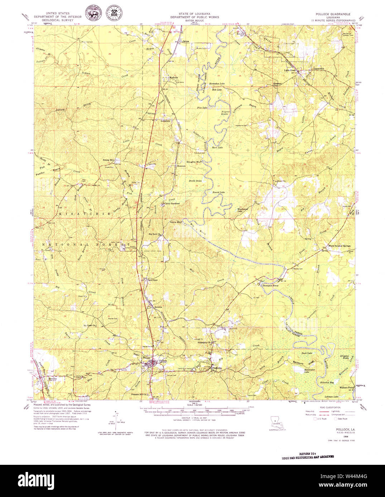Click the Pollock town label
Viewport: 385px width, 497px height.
click(x=163, y=361)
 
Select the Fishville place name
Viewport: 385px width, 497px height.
click(x=217, y=368)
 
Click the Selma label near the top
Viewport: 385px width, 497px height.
click(x=186, y=41)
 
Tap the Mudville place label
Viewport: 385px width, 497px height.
click(x=173, y=77)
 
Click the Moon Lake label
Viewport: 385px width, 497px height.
click(x=217, y=147)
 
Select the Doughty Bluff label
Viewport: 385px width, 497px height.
click(x=194, y=162)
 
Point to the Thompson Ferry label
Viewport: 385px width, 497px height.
click(x=270, y=286)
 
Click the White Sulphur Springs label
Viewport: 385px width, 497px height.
click(x=340, y=246)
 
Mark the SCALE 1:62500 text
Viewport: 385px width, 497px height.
click(x=193, y=415)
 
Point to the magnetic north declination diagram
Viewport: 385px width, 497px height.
click(x=116, y=422)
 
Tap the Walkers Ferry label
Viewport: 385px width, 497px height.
click(x=347, y=388)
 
